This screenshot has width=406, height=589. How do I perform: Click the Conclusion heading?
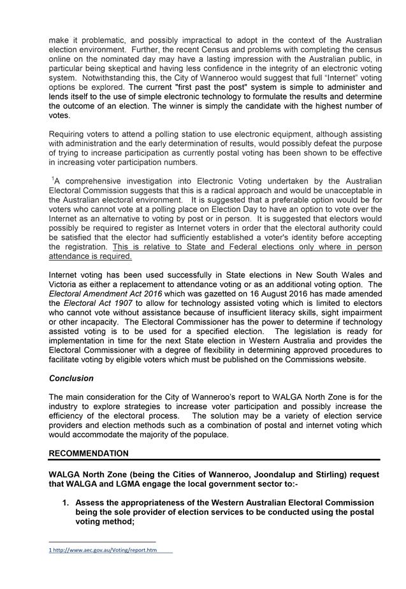pyautogui.click(x=71, y=378)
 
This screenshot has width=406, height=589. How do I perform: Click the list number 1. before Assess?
pyautogui.click(x=65, y=502)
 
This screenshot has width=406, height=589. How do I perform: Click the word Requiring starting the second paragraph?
pyautogui.click(x=69, y=135)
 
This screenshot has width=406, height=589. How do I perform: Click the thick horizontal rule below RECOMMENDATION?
pyautogui.click(x=214, y=460)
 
